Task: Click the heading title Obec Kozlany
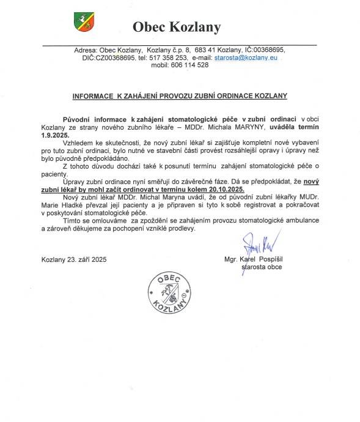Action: point(177,27)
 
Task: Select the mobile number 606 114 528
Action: point(189,64)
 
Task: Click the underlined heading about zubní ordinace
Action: point(180,96)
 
